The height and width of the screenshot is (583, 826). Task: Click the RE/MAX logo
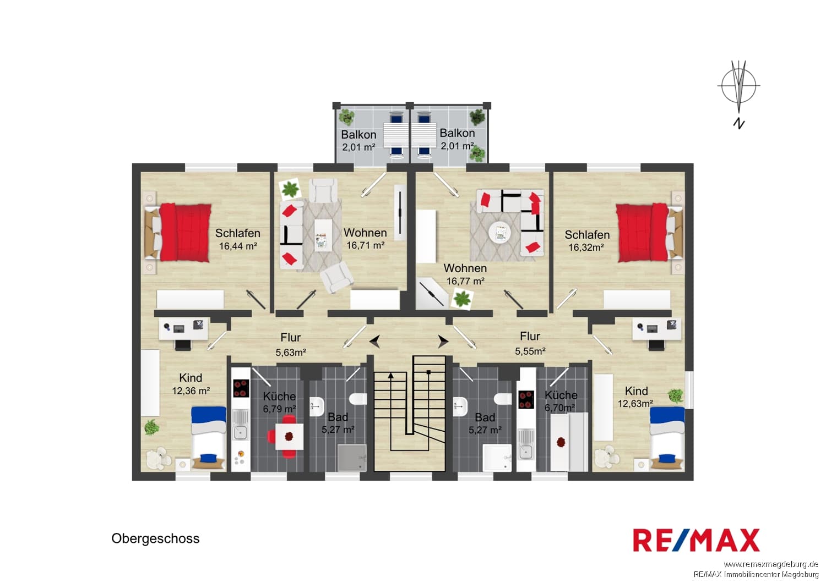click(696, 540)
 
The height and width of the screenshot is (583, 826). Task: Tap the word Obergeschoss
click(155, 539)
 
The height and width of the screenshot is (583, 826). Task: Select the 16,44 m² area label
click(238, 246)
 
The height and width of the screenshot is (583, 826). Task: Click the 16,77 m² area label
click(465, 281)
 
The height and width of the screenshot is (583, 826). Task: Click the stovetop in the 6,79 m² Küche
click(241, 388)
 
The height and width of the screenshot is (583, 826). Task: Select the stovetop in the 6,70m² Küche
click(526, 400)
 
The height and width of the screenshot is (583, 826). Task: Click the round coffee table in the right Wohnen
click(499, 233)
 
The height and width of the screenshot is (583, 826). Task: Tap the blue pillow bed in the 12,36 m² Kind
click(209, 438)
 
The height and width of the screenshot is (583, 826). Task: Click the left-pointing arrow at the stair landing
click(375, 342)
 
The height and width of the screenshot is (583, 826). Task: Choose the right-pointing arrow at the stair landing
click(443, 342)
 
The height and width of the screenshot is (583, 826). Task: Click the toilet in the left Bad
click(358, 399)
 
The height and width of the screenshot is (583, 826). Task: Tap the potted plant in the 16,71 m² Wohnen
click(291, 189)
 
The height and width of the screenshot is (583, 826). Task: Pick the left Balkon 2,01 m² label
click(358, 141)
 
